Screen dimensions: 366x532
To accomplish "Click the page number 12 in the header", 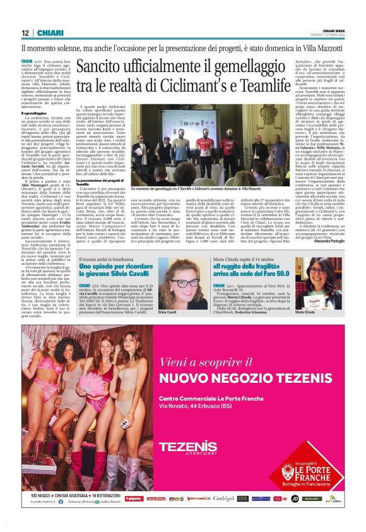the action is [25, 33].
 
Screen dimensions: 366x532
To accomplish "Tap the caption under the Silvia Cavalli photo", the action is [167, 313].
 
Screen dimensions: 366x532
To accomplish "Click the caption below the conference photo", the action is [196, 188].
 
